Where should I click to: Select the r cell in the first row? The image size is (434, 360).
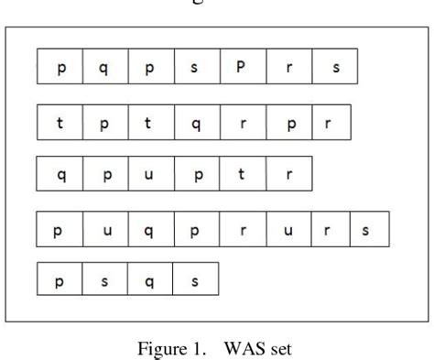(x=288, y=68)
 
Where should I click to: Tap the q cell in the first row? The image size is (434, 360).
(x=104, y=68)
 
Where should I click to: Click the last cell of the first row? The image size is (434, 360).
(x=334, y=68)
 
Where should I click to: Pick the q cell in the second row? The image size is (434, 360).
(x=195, y=124)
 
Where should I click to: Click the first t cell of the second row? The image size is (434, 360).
(x=60, y=124)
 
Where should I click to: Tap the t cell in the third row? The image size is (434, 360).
(x=242, y=173)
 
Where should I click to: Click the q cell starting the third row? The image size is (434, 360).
(x=60, y=173)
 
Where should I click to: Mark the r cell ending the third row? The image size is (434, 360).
(x=288, y=173)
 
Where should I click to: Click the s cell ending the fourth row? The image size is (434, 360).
(x=366, y=228)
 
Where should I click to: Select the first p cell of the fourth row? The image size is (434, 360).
(x=60, y=228)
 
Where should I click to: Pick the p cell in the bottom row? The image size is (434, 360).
(x=60, y=278)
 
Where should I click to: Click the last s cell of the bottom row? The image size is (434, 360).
(x=195, y=278)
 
